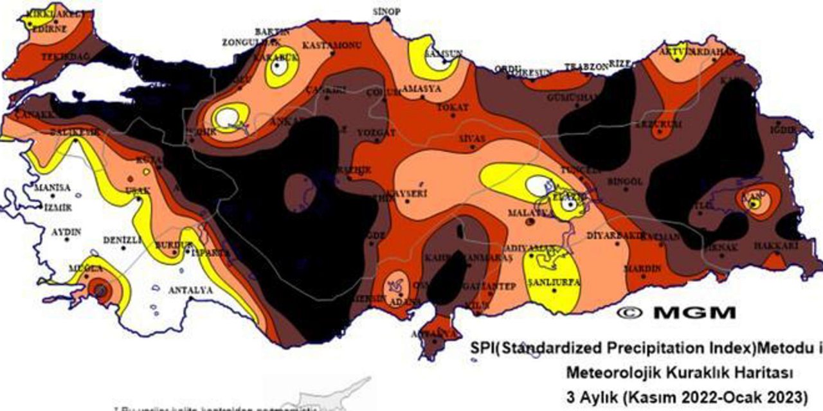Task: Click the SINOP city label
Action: (386, 12)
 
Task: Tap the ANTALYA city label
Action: (190, 290)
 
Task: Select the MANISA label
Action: (52, 188)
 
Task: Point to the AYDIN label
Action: (66, 231)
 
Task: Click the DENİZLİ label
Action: (122, 240)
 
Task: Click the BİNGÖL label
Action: (624, 182)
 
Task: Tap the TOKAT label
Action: (453, 107)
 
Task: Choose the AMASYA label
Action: (422, 89)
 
